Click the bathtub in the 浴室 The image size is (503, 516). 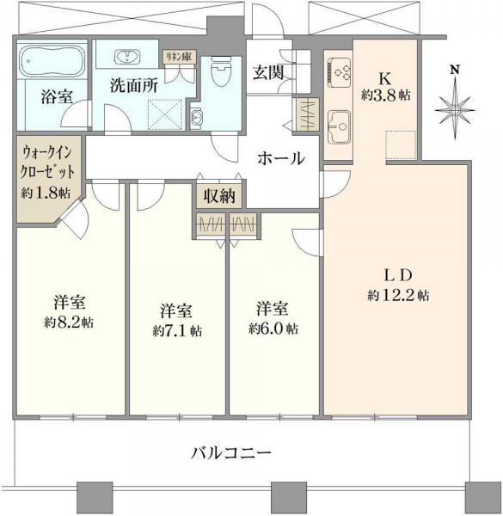click(x=50, y=62)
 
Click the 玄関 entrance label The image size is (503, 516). click(x=266, y=72)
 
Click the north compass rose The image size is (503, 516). click(x=455, y=105)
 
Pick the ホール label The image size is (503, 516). click(x=280, y=158)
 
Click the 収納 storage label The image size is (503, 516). click(x=218, y=195)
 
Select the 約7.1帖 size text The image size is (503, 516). click(x=178, y=329)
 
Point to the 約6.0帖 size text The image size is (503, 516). click(x=274, y=328)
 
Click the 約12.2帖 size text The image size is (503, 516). click(x=400, y=295)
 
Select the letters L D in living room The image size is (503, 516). click(x=400, y=275)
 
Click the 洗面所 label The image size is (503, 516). click(x=133, y=86)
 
